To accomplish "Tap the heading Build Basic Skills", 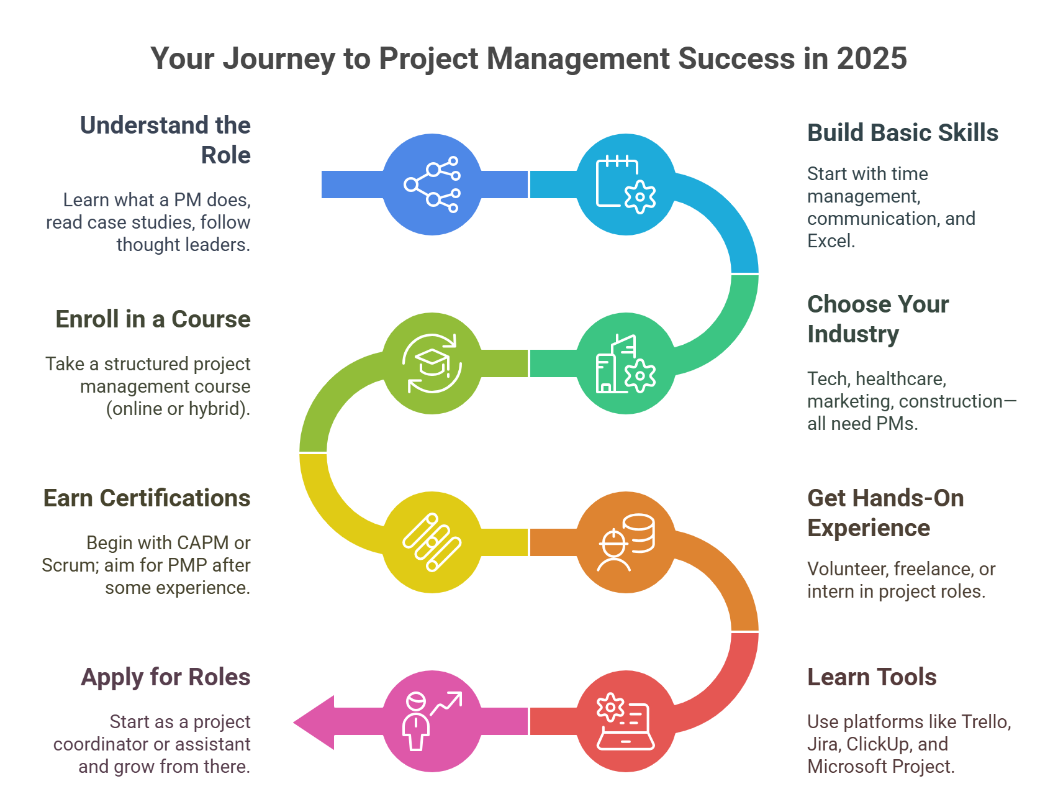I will pyautogui.click(x=902, y=133).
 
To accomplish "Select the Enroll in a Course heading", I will pyautogui.click(x=153, y=319).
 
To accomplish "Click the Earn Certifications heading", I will pyautogui.click(x=147, y=498).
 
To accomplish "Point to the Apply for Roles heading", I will pyautogui.click(x=166, y=677).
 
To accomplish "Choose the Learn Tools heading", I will pyautogui.click(x=872, y=677).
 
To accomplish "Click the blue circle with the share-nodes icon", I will pyautogui.click(x=432, y=185).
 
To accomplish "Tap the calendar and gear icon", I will pyautogui.click(x=626, y=185).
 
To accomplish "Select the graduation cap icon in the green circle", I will pyautogui.click(x=432, y=363).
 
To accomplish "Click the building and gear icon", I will pyautogui.click(x=626, y=363).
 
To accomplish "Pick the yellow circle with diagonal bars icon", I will pyautogui.click(x=432, y=542).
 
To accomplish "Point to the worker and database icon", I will pyautogui.click(x=626, y=542).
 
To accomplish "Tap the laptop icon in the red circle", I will pyautogui.click(x=626, y=721).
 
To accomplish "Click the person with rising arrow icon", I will pyautogui.click(x=432, y=721).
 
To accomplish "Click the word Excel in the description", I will pyautogui.click(x=830, y=241).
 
